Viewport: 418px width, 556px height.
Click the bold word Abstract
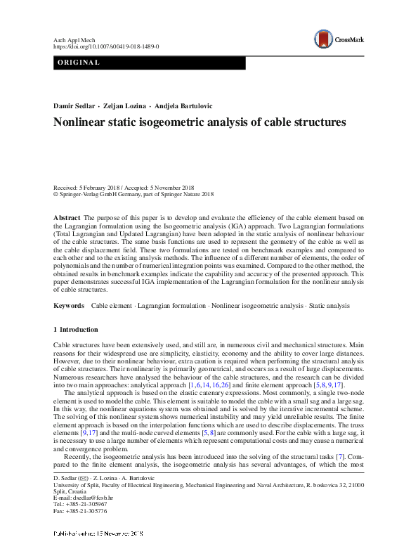click(x=67, y=219)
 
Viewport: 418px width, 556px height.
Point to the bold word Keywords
click(x=69, y=306)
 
